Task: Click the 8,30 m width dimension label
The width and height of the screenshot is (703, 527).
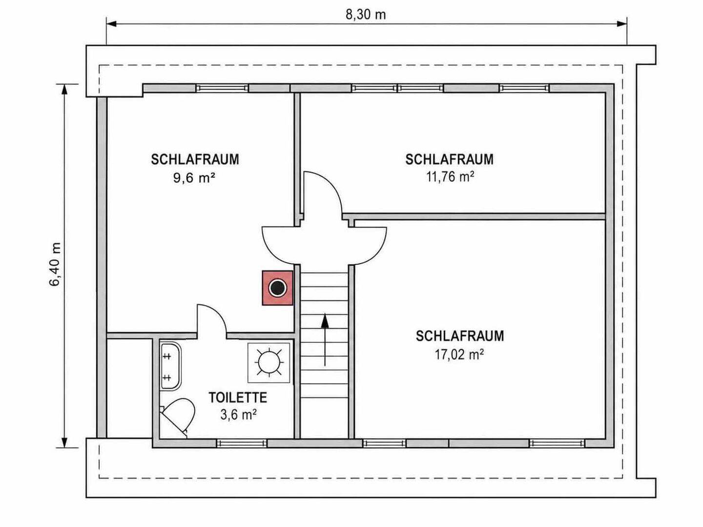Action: [x=366, y=15]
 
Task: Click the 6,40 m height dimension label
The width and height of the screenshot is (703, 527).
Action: [x=55, y=264]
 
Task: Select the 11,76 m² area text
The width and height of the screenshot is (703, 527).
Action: [x=450, y=177]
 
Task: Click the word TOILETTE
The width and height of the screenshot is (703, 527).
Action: [x=238, y=397]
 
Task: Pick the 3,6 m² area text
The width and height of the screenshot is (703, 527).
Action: [x=239, y=415]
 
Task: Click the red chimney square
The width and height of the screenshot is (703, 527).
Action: [x=278, y=288]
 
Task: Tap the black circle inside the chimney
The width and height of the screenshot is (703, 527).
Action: [x=277, y=288]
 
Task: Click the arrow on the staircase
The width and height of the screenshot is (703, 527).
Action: [x=325, y=340]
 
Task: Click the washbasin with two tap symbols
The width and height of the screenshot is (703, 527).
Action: [x=171, y=366]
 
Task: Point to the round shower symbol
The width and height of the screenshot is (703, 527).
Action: [x=269, y=362]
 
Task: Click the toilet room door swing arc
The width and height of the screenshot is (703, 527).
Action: [x=218, y=314]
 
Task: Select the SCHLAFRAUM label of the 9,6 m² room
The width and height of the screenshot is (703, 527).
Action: [x=195, y=160]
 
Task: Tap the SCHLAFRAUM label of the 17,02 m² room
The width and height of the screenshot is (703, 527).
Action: [x=460, y=336]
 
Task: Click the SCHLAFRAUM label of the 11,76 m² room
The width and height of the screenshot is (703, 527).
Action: [x=449, y=160]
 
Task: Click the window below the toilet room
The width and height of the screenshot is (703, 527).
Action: [x=242, y=443]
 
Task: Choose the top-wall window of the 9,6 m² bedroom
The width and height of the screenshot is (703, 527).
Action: [x=222, y=88]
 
